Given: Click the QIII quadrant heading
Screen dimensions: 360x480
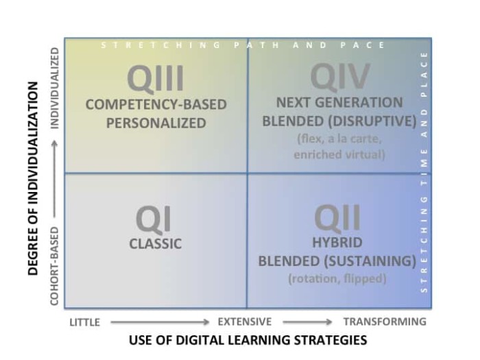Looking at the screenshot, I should click(x=156, y=78).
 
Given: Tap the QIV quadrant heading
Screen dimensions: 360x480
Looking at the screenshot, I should click(x=340, y=77).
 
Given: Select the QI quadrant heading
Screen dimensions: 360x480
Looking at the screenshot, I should click(x=153, y=219).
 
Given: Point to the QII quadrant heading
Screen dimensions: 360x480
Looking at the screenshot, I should click(x=337, y=219).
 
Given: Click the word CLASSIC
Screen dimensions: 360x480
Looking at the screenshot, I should click(x=156, y=243).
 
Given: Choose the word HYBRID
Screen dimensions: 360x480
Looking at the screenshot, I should click(x=337, y=243).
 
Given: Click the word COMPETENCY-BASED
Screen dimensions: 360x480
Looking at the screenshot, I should click(x=156, y=105).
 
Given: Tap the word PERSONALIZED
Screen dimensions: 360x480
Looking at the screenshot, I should click(x=156, y=123).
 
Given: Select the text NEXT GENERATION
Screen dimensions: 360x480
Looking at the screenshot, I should click(x=339, y=103).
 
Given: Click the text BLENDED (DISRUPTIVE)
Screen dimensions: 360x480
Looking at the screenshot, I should click(x=339, y=121).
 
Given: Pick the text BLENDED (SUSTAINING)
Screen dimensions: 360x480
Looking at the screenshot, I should click(x=337, y=261).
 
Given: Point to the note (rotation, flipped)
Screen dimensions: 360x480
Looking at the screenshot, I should click(x=337, y=278).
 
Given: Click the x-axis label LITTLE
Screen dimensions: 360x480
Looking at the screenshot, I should click(x=84, y=322).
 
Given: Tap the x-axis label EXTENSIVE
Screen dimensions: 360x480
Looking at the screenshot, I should click(x=245, y=322).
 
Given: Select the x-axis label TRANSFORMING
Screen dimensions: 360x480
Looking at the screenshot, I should click(x=384, y=322).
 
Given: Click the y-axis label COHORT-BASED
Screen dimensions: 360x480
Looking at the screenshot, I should click(x=54, y=266).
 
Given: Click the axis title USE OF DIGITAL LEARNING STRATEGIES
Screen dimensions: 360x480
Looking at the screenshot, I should click(x=248, y=339).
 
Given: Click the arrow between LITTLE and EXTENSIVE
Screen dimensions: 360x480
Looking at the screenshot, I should click(x=159, y=322).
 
